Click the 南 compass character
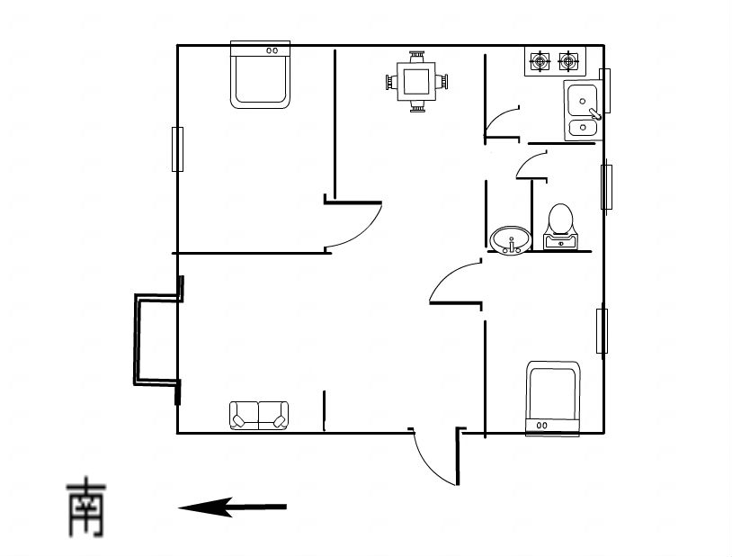(x=87, y=507)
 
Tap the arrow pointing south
(x=233, y=507)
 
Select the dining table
(x=416, y=82)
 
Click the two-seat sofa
(x=259, y=416)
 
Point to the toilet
(x=560, y=227)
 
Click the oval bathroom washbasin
(x=511, y=239)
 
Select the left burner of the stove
(x=540, y=61)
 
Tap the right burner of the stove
(x=568, y=61)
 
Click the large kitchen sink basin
(x=582, y=101)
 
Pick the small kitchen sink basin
(x=583, y=127)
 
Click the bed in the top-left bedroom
(x=261, y=75)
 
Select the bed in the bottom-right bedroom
(x=553, y=399)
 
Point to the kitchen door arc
(x=498, y=117)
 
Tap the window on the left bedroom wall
(x=177, y=149)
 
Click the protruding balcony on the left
(x=137, y=339)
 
